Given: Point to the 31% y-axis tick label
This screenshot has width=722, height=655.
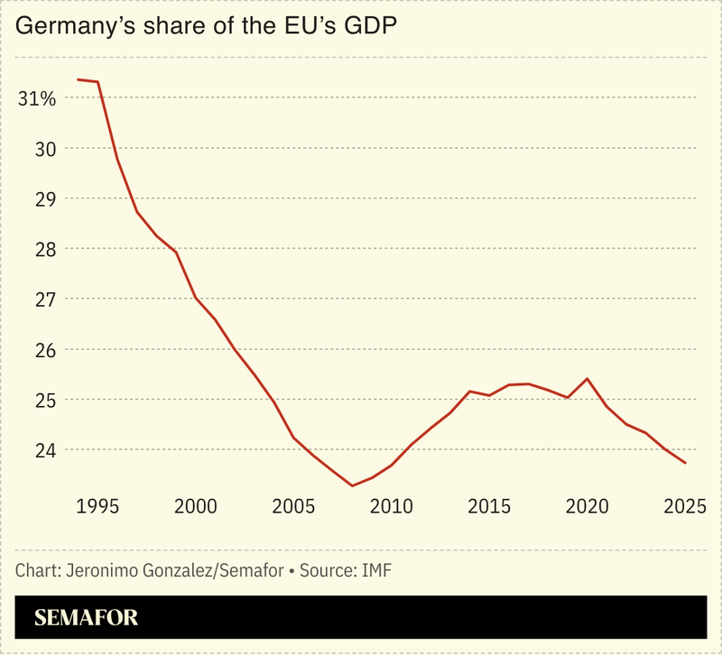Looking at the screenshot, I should (x=37, y=98).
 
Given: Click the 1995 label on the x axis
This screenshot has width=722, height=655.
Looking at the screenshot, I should (x=98, y=506).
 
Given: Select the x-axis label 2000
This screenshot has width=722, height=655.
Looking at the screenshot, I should (x=195, y=506).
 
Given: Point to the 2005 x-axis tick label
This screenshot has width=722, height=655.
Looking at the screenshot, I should (x=293, y=506).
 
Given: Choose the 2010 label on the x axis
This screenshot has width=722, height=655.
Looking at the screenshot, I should (x=391, y=506).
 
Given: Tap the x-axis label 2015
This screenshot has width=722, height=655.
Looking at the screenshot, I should (x=488, y=506).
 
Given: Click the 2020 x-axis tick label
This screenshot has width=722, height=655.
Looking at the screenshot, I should (x=587, y=506).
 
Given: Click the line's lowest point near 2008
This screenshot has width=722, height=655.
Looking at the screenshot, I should (x=352, y=485).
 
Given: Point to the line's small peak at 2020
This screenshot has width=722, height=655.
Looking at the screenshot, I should (x=588, y=379).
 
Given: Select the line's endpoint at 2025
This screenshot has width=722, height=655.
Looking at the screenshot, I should (x=686, y=463).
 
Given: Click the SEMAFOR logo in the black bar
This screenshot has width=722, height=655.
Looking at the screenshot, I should (x=87, y=619).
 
